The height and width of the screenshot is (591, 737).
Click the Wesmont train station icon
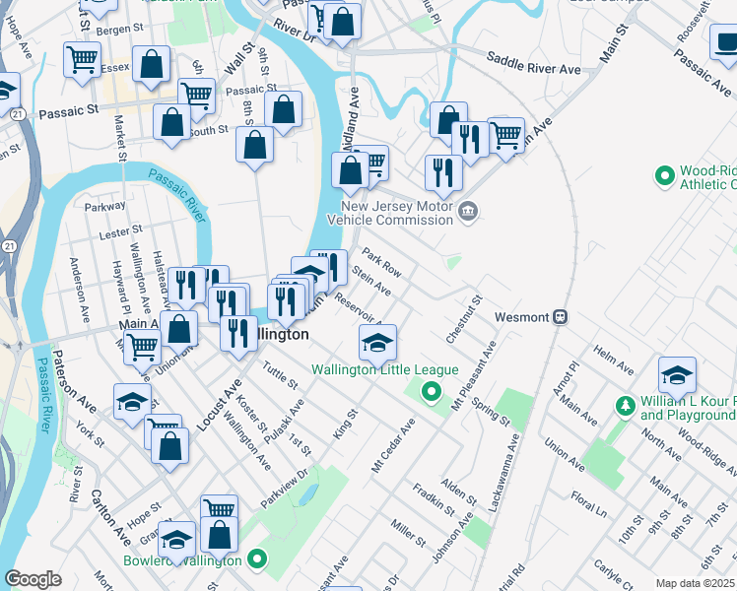(x=560, y=317)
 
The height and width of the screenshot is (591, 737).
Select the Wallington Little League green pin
(x=431, y=393)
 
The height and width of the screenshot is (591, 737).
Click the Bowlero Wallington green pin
(x=257, y=560)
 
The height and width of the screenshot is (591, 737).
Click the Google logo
(x=33, y=579)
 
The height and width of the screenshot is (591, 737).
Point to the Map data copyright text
(x=695, y=583)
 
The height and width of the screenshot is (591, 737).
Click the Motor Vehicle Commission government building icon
(x=468, y=209)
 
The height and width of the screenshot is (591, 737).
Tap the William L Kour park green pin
(x=624, y=405)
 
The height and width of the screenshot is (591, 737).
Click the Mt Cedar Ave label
(x=393, y=445)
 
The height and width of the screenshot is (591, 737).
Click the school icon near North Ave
(x=677, y=375)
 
